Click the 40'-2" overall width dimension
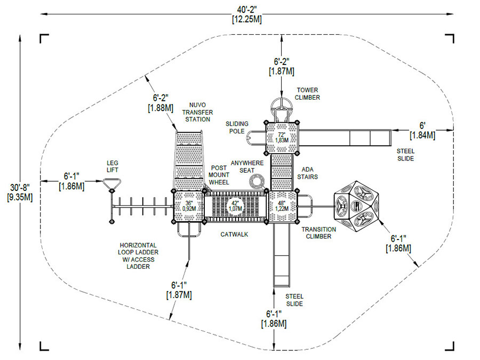pyautogui.click(x=247, y=14)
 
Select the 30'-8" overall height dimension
pyautogui.click(x=20, y=192)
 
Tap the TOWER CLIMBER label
pyautogui.click(x=307, y=94)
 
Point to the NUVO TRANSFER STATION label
pyautogui.click(x=197, y=112)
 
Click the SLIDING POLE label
pyautogui.click(x=237, y=127)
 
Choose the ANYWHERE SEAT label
pyautogui.click(x=247, y=166)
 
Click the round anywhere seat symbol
pyautogui.click(x=257, y=181)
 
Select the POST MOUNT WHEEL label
pyautogui.click(x=219, y=175)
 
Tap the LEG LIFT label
pyautogui.click(x=113, y=166)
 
